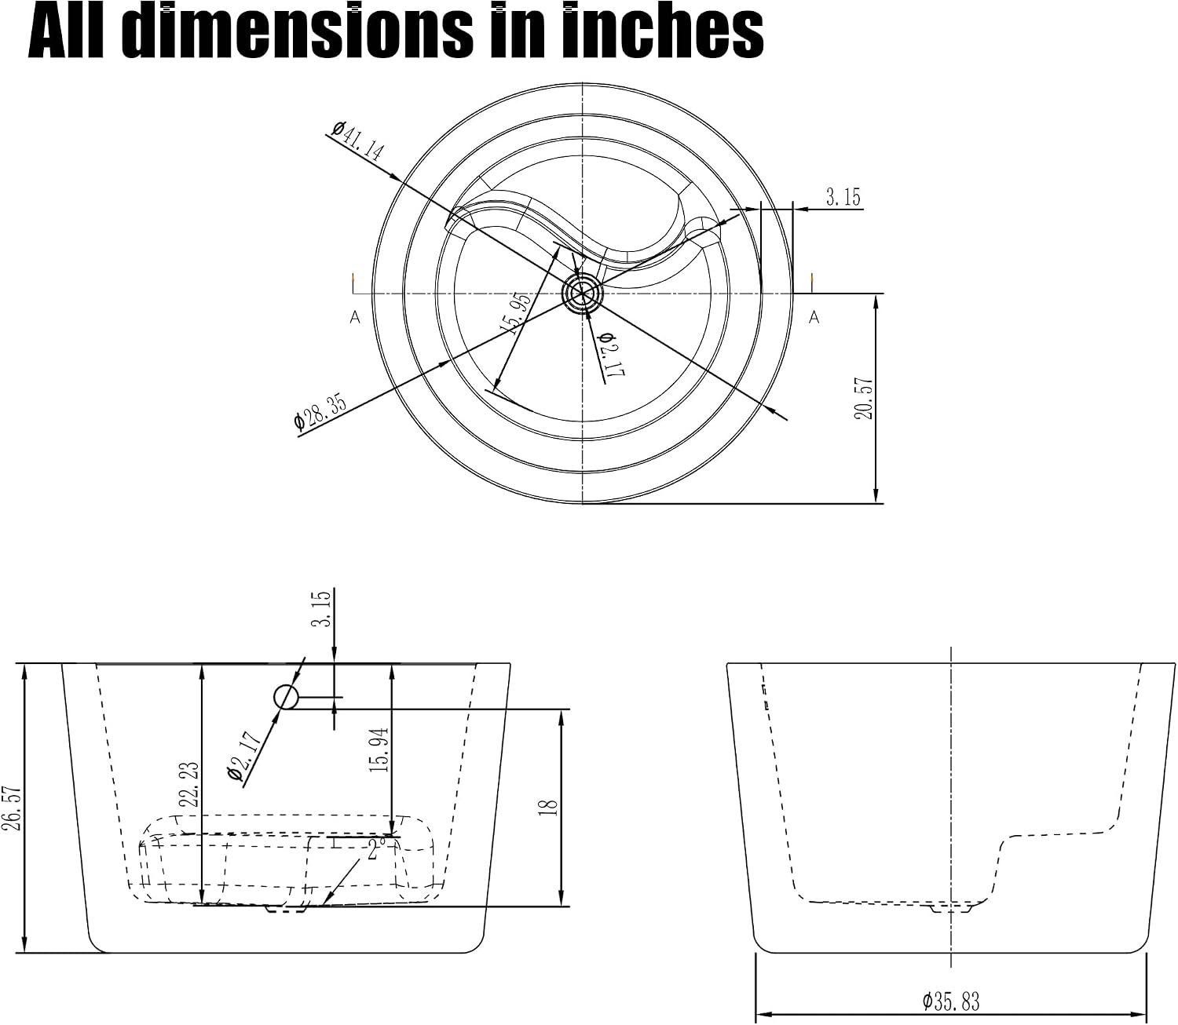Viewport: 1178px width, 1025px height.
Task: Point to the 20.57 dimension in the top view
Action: click(865, 398)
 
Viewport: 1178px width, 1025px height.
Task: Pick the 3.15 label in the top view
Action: click(843, 197)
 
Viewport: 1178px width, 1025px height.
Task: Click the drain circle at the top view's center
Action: click(583, 294)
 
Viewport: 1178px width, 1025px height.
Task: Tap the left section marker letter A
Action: click(355, 317)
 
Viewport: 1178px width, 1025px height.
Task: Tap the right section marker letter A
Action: click(814, 317)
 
